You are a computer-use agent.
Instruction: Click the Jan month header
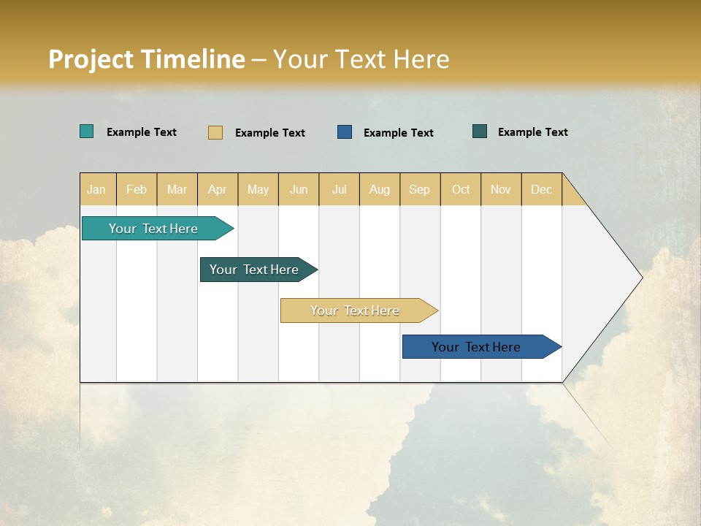[97, 189]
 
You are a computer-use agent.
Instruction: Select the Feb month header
[137, 189]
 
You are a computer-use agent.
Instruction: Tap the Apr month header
[218, 189]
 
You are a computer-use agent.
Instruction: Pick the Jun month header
[299, 189]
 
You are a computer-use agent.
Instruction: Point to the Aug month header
[380, 189]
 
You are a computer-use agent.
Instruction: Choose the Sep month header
[420, 189]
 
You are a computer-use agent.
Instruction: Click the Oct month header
[461, 189]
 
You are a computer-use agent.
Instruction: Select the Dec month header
[542, 189]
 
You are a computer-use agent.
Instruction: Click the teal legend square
[87, 131]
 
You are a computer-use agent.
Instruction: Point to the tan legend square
[215, 132]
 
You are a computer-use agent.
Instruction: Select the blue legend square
[345, 131]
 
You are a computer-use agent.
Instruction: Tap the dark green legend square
[480, 131]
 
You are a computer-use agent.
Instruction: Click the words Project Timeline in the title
[147, 59]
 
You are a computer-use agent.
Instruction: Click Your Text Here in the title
[361, 59]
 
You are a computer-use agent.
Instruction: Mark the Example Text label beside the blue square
[399, 132]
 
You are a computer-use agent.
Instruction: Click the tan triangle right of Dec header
[571, 195]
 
